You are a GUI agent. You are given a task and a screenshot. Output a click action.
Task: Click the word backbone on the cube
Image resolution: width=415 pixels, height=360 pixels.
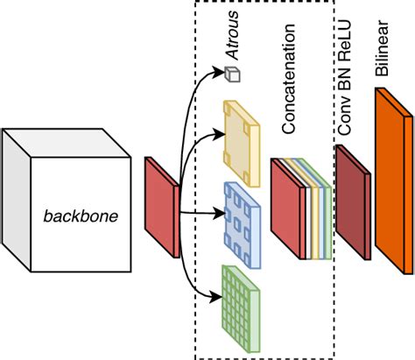(81, 216)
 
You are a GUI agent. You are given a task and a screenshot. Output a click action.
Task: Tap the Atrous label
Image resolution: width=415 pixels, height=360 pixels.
(232, 35)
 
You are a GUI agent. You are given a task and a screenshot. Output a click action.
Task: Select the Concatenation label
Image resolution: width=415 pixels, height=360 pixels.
(289, 79)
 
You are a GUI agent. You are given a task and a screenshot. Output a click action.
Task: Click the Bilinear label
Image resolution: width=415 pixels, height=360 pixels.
(382, 48)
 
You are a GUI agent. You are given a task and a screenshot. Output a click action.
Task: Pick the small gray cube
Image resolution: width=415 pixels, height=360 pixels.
(232, 74)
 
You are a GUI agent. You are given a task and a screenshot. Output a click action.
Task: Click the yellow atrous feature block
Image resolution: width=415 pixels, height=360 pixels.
(242, 144)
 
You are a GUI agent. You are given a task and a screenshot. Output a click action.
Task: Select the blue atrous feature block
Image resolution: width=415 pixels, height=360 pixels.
(243, 225)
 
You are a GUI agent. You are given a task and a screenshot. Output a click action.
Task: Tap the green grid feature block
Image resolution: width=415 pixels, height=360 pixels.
(241, 309)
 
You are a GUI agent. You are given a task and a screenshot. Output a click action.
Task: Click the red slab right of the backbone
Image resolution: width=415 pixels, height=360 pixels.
(162, 208)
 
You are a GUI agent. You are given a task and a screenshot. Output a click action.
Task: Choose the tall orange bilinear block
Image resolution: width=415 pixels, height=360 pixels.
(394, 180)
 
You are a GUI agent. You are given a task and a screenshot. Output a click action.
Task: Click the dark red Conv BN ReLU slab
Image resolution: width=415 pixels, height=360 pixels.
(353, 202)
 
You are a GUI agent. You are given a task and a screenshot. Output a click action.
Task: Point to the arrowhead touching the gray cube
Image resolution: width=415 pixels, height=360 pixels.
(219, 72)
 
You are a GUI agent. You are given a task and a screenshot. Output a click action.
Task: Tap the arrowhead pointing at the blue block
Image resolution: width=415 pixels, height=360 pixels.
(220, 213)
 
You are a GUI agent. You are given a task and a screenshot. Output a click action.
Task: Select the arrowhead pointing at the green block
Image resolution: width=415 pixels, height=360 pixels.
(216, 297)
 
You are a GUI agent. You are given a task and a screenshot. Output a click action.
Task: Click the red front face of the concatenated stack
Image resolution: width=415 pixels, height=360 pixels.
(285, 208)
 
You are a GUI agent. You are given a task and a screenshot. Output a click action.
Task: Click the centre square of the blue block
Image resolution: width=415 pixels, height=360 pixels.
(237, 225)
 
